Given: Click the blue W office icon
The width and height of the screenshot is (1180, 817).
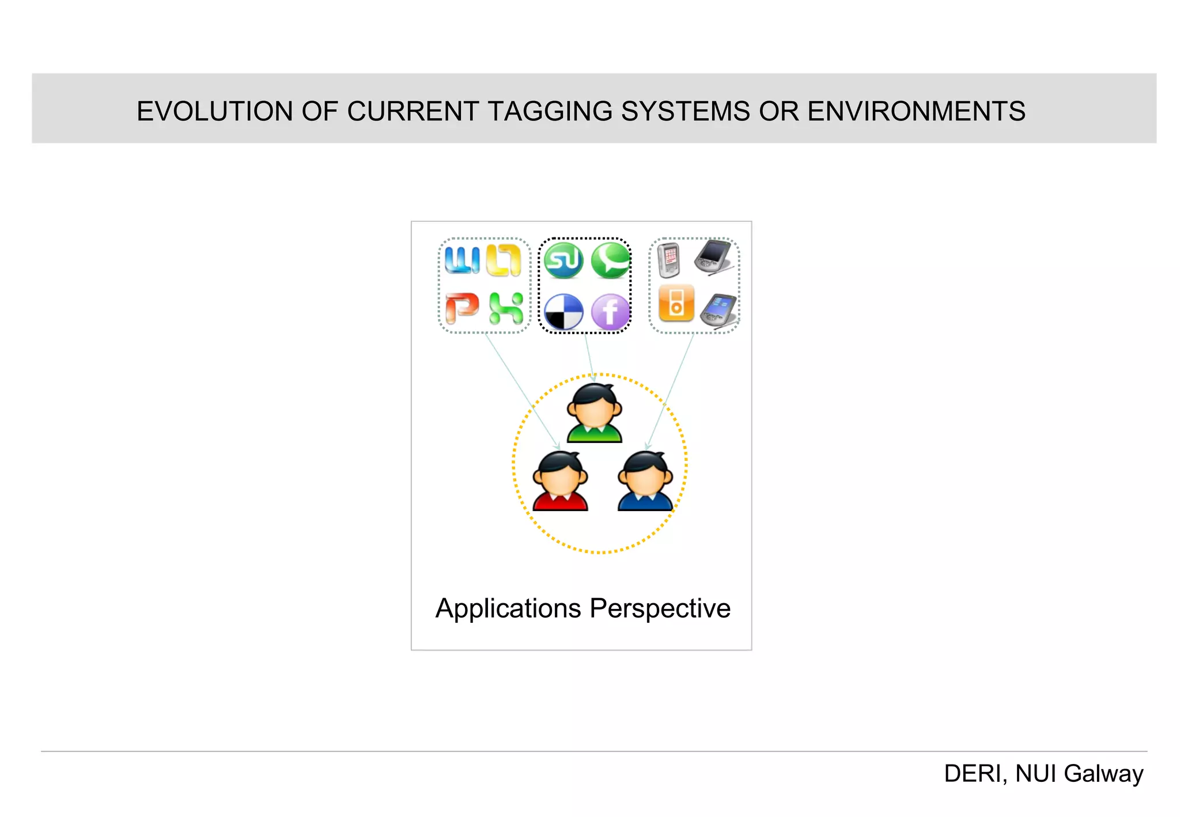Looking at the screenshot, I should point(462,260).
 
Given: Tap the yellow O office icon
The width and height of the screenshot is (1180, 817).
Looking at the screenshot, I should point(504,260).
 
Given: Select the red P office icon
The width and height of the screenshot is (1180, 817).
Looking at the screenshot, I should point(462,308).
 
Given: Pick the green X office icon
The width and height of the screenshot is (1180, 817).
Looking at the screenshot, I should point(506,308).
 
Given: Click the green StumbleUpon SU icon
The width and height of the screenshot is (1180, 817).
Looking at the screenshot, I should point(563,260).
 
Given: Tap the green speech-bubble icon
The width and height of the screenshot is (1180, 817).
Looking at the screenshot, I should point(610,260).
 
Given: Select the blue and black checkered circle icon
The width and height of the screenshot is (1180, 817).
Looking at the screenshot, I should point(563,312).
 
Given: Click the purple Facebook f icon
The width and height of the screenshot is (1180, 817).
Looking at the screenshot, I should point(610,312).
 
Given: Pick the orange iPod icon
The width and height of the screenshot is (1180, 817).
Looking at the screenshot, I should point(676,302).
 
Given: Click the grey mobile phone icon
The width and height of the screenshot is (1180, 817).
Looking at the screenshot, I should point(669,260).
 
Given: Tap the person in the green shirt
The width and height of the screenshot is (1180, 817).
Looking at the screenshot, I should point(594,413).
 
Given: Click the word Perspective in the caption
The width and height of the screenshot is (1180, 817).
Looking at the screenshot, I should point(660,608).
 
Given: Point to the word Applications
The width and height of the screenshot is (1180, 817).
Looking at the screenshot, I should point(508,608).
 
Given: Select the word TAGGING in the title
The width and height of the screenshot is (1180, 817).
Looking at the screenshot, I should point(550,111).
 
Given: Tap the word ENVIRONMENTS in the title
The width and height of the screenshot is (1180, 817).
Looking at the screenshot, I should point(916,111).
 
